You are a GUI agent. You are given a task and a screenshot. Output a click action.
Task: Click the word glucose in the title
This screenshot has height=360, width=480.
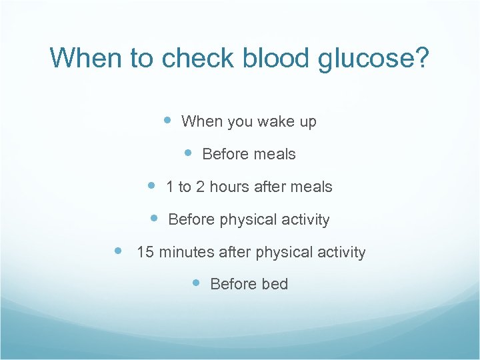(374, 58)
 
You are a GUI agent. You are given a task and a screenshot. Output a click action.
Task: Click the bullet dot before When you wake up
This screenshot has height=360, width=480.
(168, 121)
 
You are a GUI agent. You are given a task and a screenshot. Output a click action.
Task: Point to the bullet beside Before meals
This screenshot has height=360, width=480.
(188, 153)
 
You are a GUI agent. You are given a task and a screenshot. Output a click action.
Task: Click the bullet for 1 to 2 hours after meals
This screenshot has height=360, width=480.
(151, 185)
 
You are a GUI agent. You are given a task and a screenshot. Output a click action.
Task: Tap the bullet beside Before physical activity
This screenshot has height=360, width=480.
(154, 217)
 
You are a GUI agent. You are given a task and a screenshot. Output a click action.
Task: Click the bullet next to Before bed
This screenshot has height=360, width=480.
(196, 283)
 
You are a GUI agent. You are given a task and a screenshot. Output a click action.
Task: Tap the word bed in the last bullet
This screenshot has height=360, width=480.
(275, 284)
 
